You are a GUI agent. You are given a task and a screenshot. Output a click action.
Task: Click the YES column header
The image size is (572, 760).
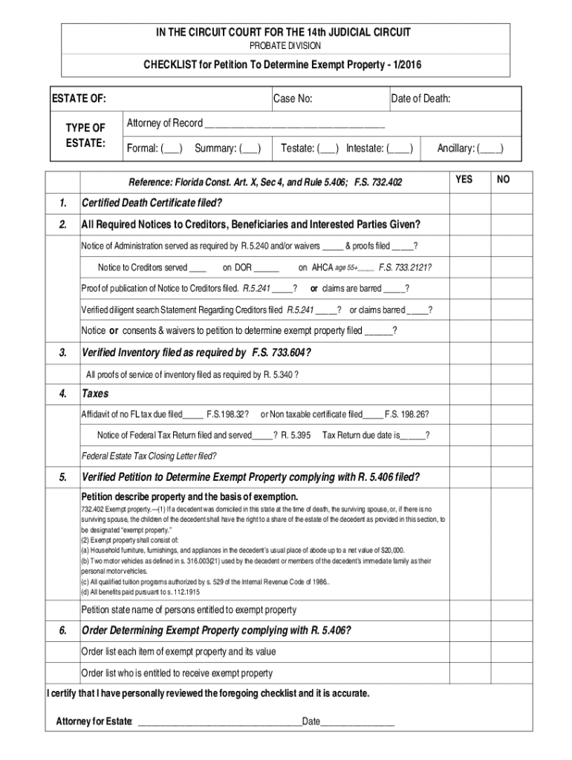[464, 180]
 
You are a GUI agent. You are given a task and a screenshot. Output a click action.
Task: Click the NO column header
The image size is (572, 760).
[503, 180]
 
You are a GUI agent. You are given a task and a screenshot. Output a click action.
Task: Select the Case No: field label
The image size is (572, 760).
[293, 99]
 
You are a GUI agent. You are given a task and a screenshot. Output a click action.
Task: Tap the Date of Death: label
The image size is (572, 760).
[420, 99]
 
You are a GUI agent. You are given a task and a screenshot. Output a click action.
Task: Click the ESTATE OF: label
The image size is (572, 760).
[78, 99]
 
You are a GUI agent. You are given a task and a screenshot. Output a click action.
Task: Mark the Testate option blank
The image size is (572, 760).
[328, 148]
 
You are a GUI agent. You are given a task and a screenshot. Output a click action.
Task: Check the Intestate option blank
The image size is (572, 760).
[401, 148]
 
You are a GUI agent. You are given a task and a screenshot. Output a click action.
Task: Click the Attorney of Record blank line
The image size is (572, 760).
[294, 123]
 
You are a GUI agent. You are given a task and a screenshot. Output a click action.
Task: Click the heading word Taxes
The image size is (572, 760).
[95, 393]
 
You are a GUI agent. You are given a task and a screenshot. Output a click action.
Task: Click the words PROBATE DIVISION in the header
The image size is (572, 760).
[286, 45]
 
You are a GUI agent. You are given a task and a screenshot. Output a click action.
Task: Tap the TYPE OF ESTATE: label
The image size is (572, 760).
[86, 136]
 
